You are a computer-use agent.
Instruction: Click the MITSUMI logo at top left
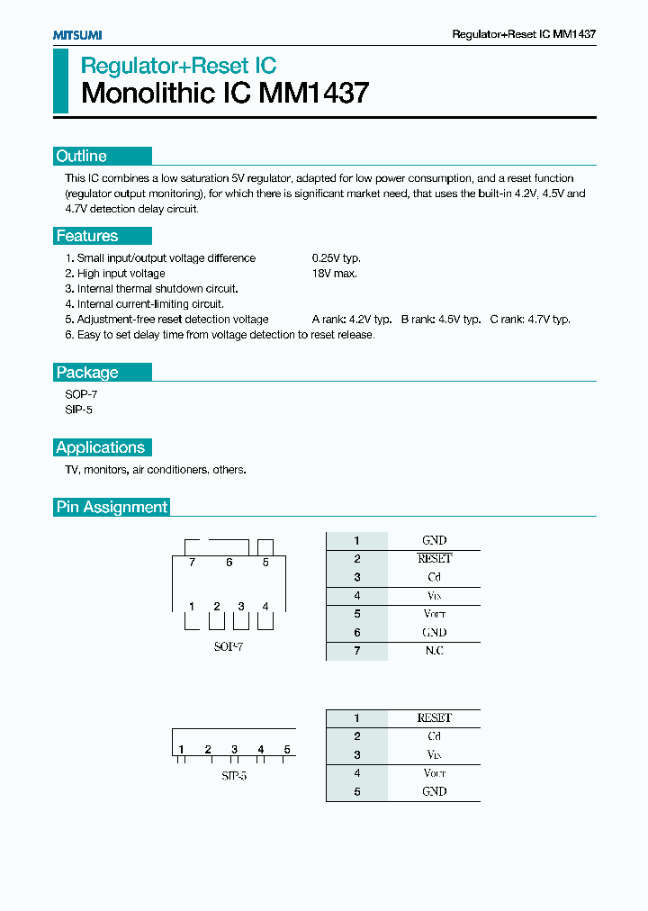(x=76, y=34)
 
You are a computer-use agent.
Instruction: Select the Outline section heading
(x=82, y=156)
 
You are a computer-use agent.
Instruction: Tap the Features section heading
(x=87, y=236)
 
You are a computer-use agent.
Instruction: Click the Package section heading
(x=87, y=372)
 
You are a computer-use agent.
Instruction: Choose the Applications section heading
(x=100, y=447)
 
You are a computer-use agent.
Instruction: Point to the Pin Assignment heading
(x=112, y=507)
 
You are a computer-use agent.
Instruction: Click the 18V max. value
(x=334, y=274)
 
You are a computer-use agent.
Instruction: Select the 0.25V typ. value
(x=336, y=258)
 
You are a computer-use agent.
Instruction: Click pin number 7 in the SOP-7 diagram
(x=192, y=563)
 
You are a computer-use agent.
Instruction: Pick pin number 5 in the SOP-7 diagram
(x=265, y=563)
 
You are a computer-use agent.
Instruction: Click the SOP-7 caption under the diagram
(x=227, y=646)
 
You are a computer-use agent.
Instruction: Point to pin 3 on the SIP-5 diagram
(x=234, y=750)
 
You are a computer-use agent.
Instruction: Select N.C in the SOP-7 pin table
(x=434, y=651)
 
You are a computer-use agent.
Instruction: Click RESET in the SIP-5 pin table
(x=434, y=718)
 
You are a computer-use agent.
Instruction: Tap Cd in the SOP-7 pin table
(x=434, y=577)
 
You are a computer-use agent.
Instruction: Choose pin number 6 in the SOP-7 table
(x=356, y=633)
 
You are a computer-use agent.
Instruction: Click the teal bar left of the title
(x=60, y=81)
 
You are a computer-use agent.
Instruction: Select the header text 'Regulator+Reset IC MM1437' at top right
(x=523, y=34)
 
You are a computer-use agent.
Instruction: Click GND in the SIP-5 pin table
(x=434, y=792)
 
